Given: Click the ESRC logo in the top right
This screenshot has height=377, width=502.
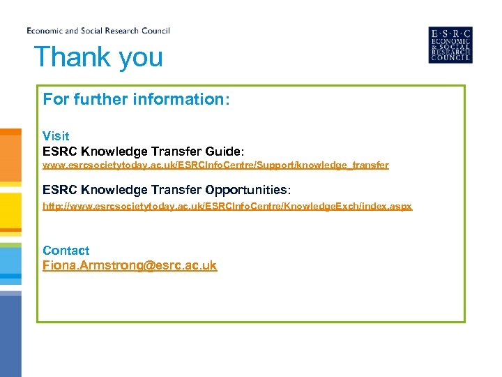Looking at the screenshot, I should click(450, 45).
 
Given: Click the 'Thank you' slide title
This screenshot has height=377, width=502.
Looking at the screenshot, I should click(98, 57).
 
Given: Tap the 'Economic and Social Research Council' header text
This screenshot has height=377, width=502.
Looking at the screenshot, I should click(98, 31).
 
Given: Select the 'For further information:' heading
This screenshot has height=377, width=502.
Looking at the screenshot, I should click(136, 99).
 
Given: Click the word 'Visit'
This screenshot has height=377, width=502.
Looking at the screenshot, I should click(56, 135).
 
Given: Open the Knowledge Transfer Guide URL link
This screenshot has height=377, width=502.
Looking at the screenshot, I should click(215, 165).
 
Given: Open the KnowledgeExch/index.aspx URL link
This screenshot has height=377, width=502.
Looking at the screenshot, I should click(227, 207).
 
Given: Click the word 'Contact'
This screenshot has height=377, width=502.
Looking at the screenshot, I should click(66, 250).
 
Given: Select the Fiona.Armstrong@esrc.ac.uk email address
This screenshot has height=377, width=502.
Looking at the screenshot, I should click(130, 265).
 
